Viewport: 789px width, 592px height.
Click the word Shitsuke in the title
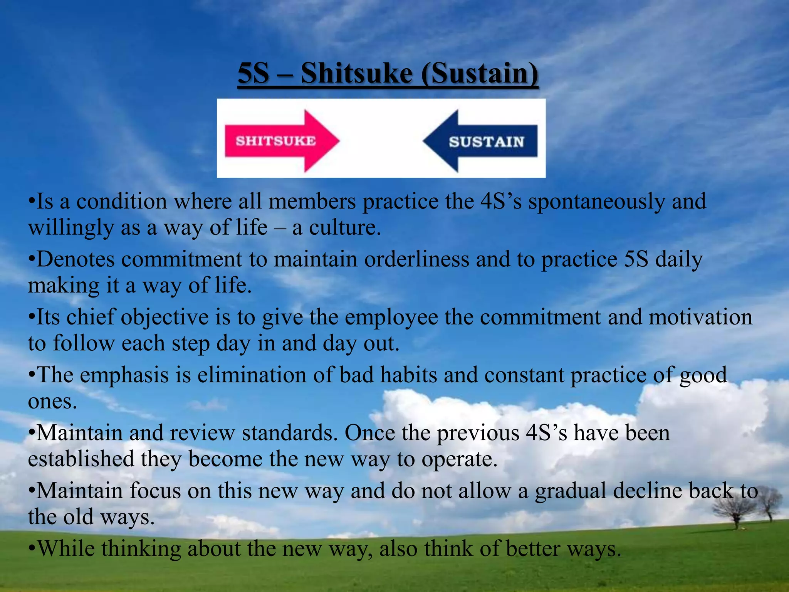point(356,73)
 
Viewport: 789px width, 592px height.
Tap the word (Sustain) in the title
point(480,73)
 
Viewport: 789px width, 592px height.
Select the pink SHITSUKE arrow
point(281,141)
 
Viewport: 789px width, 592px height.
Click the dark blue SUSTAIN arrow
point(482,141)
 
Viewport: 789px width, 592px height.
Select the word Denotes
point(76,259)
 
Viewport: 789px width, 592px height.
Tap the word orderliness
point(417,259)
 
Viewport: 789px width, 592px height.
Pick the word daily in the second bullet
point(679,259)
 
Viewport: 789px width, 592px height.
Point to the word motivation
point(700,317)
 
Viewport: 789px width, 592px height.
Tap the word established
point(81,459)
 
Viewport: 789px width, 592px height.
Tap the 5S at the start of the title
point(253,73)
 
